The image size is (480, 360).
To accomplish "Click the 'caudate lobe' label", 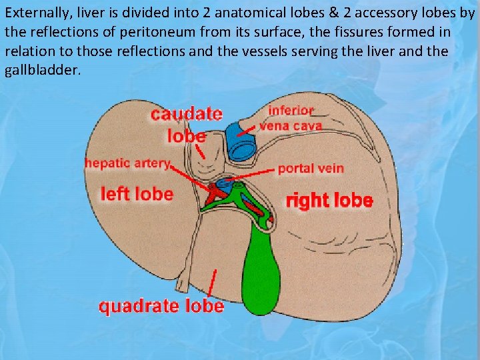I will (186, 124).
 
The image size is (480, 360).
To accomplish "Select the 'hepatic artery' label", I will (127, 163).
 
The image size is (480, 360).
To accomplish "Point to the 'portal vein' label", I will (311, 169).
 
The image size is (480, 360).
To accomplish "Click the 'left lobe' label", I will (136, 194).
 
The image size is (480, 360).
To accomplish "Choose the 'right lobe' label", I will (329, 200).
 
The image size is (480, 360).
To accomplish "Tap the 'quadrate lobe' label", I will (161, 306).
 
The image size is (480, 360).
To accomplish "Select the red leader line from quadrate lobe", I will (212, 283).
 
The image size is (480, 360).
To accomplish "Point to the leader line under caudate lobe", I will (199, 151).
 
